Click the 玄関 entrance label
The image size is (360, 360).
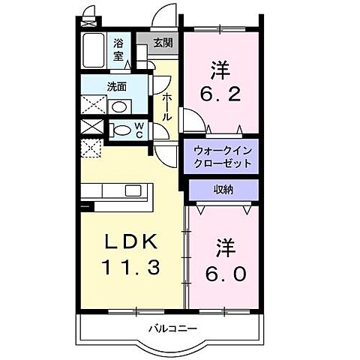163,43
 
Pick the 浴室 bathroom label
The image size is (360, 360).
119,49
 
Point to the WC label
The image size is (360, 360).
139,130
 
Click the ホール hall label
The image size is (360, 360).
168,105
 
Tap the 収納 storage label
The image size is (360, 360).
223,190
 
